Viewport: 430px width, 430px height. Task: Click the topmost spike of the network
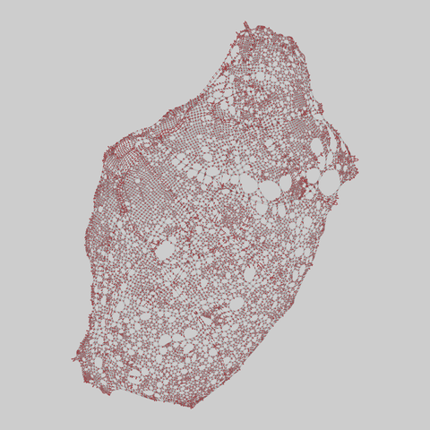click(x=245, y=22)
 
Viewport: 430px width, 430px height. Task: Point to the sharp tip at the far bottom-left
click(x=73, y=360)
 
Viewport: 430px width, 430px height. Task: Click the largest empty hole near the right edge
click(x=329, y=183)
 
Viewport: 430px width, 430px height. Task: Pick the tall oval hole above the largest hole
click(x=319, y=149)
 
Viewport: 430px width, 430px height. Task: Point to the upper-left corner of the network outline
click(x=109, y=148)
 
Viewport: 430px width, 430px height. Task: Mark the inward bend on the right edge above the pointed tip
click(x=339, y=134)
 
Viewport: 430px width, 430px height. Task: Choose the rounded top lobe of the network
click(x=269, y=45)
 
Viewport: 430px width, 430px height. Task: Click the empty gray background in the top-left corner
click(x=36, y=36)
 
